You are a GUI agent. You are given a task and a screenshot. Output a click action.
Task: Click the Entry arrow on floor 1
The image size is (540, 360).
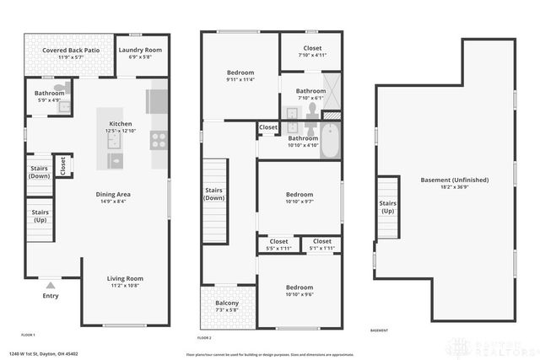(51, 286)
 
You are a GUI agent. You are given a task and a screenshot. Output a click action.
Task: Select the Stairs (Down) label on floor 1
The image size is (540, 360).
(40, 172)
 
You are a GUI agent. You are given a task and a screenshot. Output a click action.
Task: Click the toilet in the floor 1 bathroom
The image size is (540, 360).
(60, 87)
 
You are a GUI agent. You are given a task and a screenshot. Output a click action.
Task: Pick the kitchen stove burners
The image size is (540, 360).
(158, 140)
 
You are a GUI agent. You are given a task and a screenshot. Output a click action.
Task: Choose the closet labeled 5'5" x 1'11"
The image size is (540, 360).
(278, 245)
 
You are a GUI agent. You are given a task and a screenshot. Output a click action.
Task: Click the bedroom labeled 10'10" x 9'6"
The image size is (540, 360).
(299, 291)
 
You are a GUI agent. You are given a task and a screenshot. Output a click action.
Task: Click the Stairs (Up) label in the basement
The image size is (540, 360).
(387, 207)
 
